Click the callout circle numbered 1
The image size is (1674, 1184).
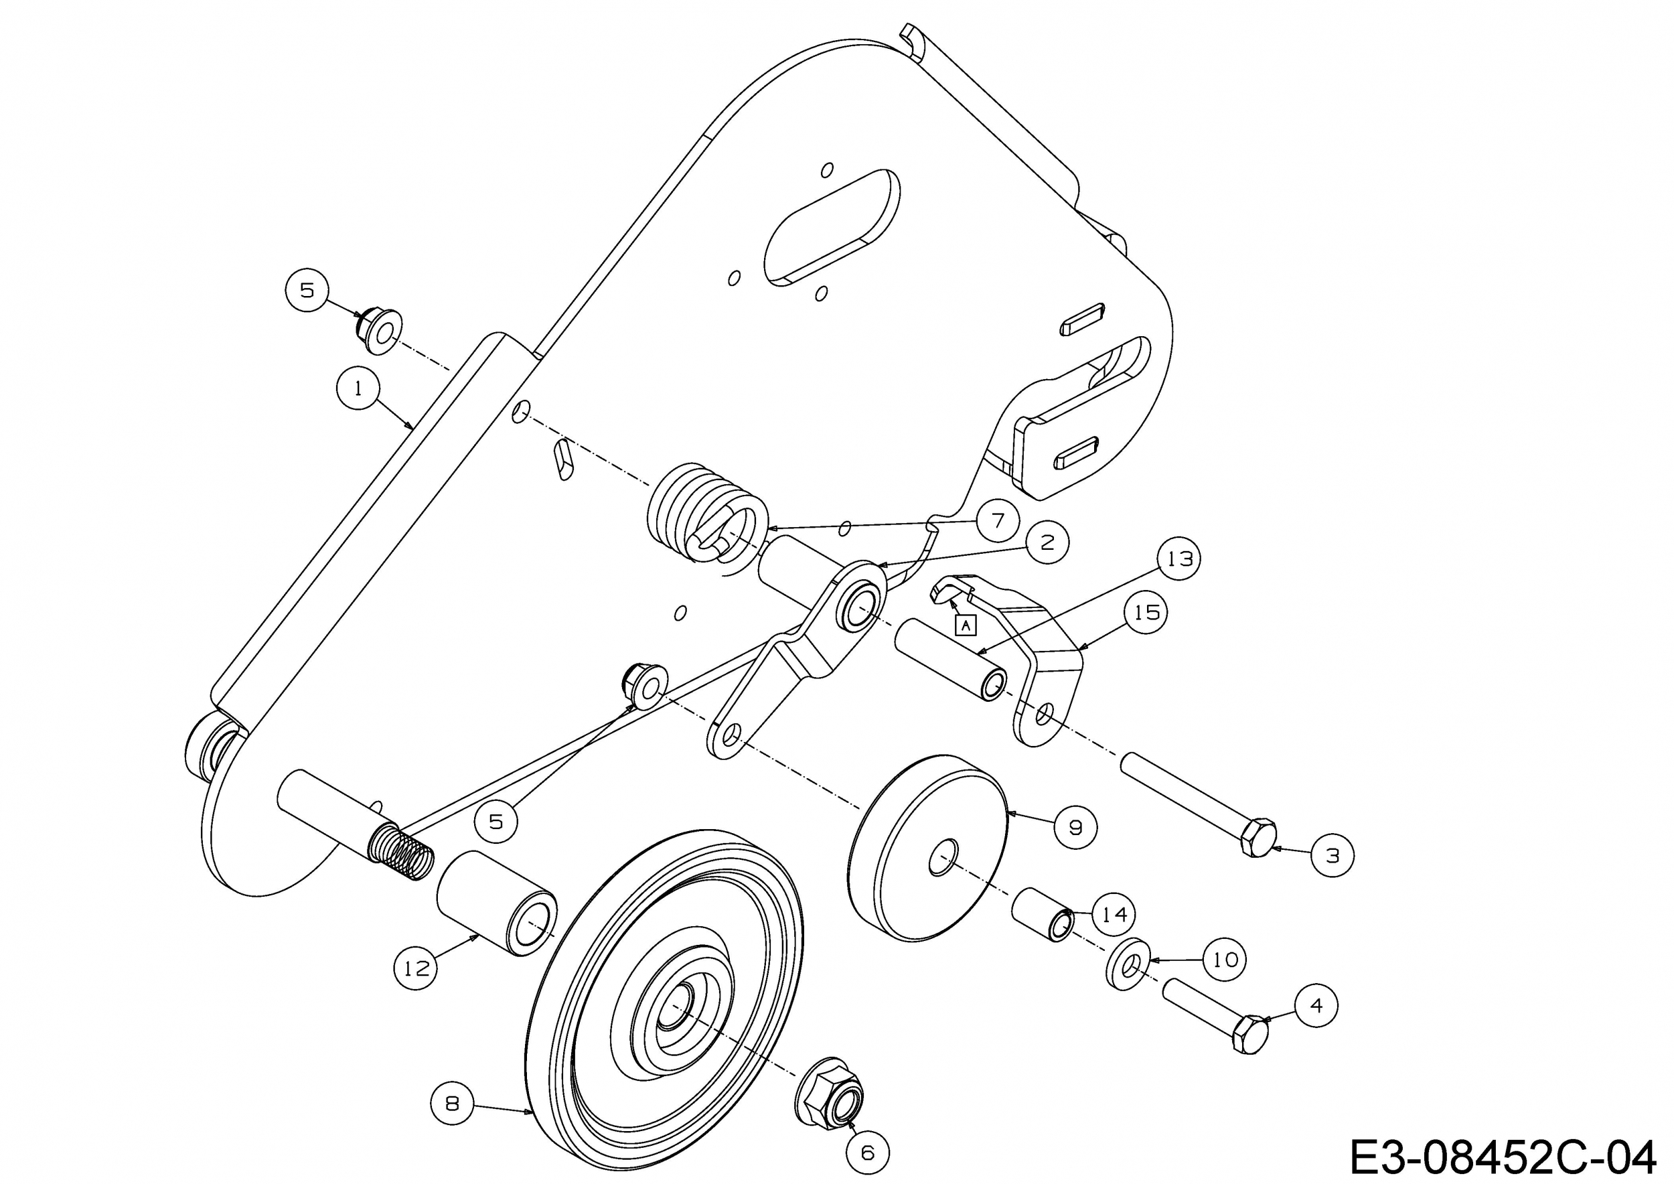click(358, 388)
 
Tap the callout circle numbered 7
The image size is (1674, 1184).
click(998, 520)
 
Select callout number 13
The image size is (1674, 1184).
click(1180, 559)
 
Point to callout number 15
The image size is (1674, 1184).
click(1146, 612)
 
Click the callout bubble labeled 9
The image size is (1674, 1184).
click(1075, 827)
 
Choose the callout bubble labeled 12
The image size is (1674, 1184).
click(416, 968)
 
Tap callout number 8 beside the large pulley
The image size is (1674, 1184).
click(453, 1104)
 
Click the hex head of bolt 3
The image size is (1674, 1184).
click(1257, 838)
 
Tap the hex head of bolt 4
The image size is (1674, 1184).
click(1249, 1034)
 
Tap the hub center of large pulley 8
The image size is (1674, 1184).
click(678, 1008)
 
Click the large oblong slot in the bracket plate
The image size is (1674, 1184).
click(831, 226)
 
